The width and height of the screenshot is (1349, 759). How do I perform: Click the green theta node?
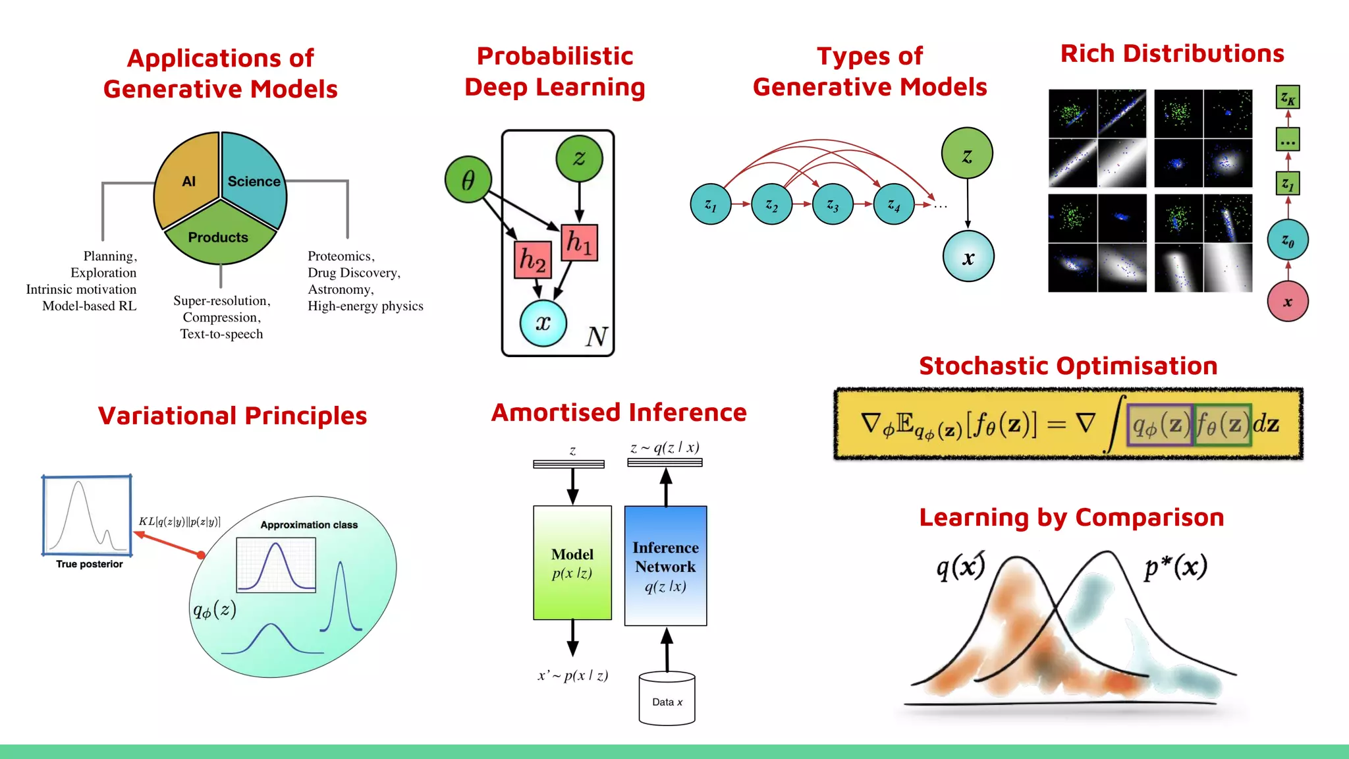click(x=468, y=179)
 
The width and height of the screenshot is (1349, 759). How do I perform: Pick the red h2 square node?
click(x=532, y=259)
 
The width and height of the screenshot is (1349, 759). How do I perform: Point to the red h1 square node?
click(x=580, y=242)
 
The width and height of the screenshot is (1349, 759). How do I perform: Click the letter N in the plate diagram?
click(x=597, y=337)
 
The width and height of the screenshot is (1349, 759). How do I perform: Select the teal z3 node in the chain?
click(x=833, y=205)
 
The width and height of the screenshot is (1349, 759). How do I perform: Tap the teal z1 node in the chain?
click(x=711, y=205)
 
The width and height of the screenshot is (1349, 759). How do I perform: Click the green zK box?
click(x=1288, y=98)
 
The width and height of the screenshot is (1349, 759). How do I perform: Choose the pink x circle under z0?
click(x=1288, y=302)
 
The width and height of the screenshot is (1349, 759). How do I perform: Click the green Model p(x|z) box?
click(x=572, y=563)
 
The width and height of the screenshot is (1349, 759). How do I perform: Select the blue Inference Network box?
click(x=665, y=565)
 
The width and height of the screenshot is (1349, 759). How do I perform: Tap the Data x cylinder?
click(x=667, y=700)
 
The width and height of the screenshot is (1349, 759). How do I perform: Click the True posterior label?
click(x=89, y=564)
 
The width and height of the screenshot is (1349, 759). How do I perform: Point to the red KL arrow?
click(x=170, y=544)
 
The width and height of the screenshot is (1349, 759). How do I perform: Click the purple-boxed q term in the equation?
click(x=1161, y=425)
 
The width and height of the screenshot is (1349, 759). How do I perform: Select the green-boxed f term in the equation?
click(x=1223, y=425)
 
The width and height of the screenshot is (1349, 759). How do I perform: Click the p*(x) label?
click(x=1176, y=567)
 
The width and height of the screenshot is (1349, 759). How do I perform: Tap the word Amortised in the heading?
click(x=551, y=412)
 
